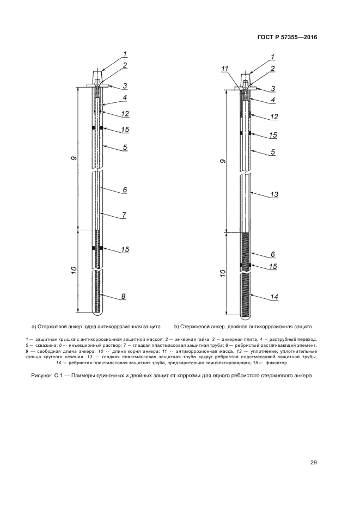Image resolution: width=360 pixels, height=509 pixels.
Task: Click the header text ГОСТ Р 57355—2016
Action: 286,37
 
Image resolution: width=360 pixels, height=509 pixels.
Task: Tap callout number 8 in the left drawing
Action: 124,296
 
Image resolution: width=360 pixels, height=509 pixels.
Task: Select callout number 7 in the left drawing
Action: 124,215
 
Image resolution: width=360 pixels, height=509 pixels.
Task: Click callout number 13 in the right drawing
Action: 274,194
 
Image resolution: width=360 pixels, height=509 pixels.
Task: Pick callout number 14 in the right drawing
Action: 274,297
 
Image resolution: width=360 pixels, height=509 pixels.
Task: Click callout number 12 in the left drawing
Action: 125,114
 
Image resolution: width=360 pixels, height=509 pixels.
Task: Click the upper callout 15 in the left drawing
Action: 125,129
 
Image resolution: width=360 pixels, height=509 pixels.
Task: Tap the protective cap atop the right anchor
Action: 246,75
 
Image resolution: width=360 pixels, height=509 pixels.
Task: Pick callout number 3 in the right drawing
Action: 273,88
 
